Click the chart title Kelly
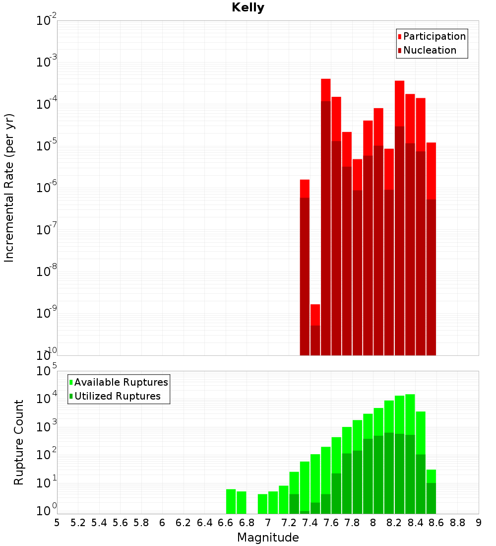click(x=248, y=8)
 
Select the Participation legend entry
click(x=434, y=36)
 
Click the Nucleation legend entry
click(x=430, y=50)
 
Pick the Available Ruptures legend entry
click(x=121, y=382)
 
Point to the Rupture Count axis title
click(x=19, y=442)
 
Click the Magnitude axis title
click(x=268, y=538)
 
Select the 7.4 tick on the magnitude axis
click(x=310, y=523)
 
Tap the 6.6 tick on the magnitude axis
click(x=226, y=523)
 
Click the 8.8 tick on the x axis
click(x=458, y=523)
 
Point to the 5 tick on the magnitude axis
click(x=57, y=523)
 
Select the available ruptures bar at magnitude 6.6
click(x=231, y=501)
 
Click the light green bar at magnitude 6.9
click(x=262, y=504)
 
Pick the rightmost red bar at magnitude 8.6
click(x=431, y=248)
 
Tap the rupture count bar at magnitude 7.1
click(x=284, y=499)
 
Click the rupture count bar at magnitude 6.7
click(x=242, y=502)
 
